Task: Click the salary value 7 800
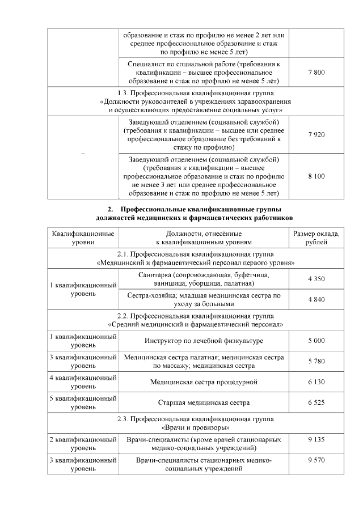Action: point(316,73)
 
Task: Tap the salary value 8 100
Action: point(316,176)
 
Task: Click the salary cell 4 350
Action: point(316,279)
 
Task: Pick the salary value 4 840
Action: point(316,300)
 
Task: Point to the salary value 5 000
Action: point(316,340)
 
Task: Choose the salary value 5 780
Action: point(316,361)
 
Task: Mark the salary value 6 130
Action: point(316,382)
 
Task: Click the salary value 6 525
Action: point(316,402)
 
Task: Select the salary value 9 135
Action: point(316,440)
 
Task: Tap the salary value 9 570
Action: point(316,460)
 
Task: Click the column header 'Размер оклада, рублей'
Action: point(316,238)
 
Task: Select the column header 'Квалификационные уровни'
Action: point(83,238)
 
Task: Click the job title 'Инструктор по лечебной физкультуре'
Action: point(204,341)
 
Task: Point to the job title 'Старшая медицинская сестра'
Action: point(204,403)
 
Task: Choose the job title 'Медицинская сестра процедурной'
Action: point(204,382)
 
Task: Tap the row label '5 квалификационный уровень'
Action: point(83,402)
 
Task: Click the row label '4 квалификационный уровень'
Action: point(83,381)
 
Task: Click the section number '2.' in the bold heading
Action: point(111,209)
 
